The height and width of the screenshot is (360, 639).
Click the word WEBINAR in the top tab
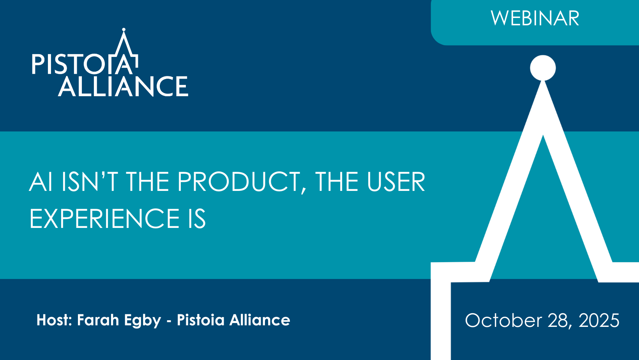[x=535, y=18]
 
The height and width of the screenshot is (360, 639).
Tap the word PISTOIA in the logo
[x=85, y=64]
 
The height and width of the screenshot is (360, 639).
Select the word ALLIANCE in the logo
[x=123, y=86]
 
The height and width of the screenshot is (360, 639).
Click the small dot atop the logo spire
[x=124, y=29]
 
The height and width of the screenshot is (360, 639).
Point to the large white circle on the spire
[x=543, y=68]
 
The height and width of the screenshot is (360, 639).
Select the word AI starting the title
[x=41, y=182]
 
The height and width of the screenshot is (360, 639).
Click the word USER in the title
[x=396, y=182]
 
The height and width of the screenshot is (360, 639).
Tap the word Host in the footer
[x=54, y=320]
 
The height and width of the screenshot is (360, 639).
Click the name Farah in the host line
[x=98, y=320]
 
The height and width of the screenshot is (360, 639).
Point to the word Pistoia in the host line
[x=201, y=320]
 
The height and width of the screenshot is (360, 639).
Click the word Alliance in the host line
[x=260, y=320]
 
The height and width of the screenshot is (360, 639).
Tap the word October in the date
[x=503, y=320]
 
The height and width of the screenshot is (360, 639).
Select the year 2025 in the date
[x=599, y=320]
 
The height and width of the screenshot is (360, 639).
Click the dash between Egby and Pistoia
[x=169, y=321]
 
